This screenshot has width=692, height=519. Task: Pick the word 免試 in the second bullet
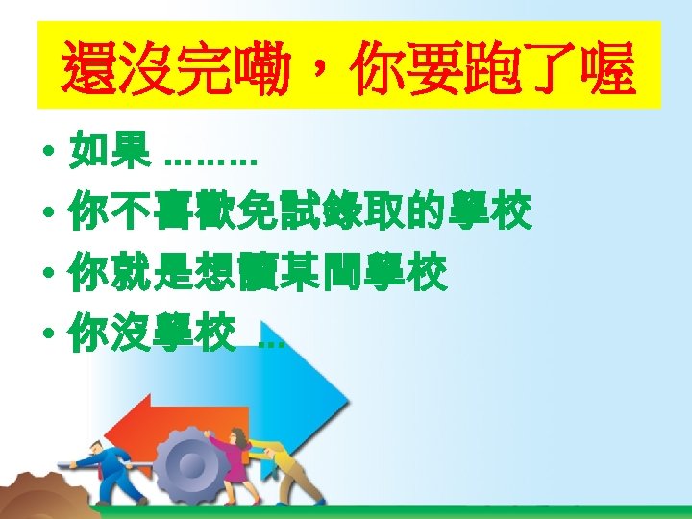point(275,213)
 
